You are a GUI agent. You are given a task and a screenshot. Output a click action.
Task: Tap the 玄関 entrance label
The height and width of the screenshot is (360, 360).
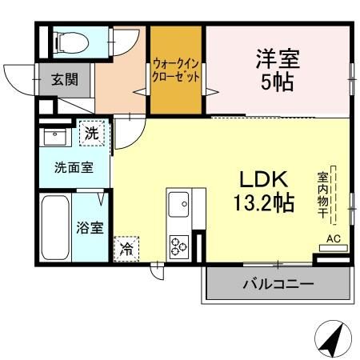[65, 80]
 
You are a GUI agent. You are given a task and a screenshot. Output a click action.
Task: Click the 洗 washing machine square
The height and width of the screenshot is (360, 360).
[92, 133]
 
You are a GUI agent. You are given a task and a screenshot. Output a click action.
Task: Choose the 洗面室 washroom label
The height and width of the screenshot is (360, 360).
[72, 168]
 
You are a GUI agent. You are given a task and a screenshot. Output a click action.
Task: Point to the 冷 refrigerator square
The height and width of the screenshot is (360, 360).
[126, 249]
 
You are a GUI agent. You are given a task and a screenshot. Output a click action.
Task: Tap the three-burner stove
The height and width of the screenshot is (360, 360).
[178, 245]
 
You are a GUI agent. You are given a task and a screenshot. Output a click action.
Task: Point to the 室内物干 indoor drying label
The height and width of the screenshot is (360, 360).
[322, 196]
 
